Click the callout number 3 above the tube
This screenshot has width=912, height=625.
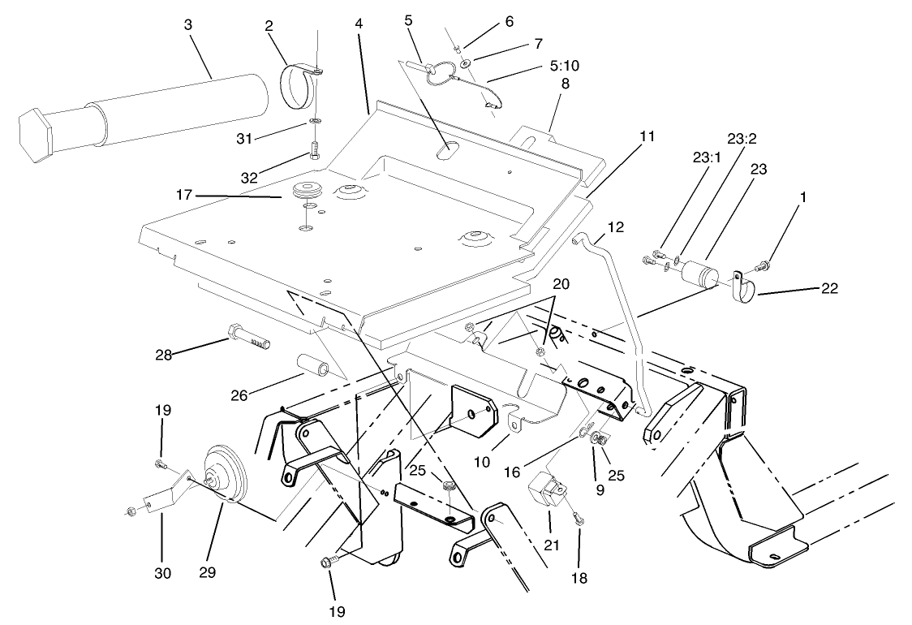click(x=188, y=25)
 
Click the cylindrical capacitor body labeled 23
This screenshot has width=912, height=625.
click(x=699, y=274)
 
